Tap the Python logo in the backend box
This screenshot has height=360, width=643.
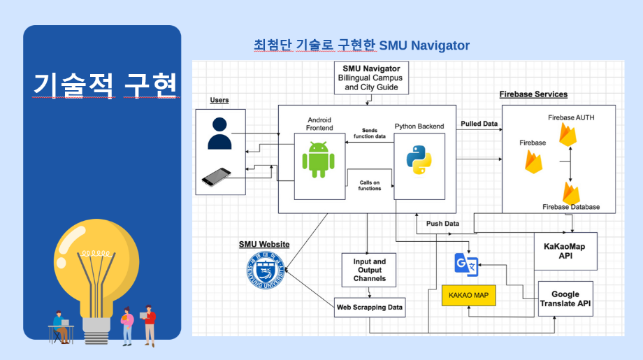coord(419,159)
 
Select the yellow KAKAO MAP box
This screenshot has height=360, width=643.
coord(468,296)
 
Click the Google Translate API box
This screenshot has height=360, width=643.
coord(565,299)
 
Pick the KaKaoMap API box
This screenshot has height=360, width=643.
coord(565,251)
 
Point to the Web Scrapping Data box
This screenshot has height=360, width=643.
coord(369,307)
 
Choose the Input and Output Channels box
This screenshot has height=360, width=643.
coord(369,270)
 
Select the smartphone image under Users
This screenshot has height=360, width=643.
coord(217,177)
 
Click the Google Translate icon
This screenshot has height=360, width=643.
coord(465,264)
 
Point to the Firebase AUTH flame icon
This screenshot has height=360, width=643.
coord(569,135)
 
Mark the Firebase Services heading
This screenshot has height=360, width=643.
coord(533,94)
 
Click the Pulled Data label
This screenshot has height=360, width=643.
coord(479,124)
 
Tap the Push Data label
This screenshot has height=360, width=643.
coord(442,224)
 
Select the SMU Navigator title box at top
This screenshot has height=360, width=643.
coord(371,78)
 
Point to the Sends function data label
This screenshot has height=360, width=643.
coord(370,134)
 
